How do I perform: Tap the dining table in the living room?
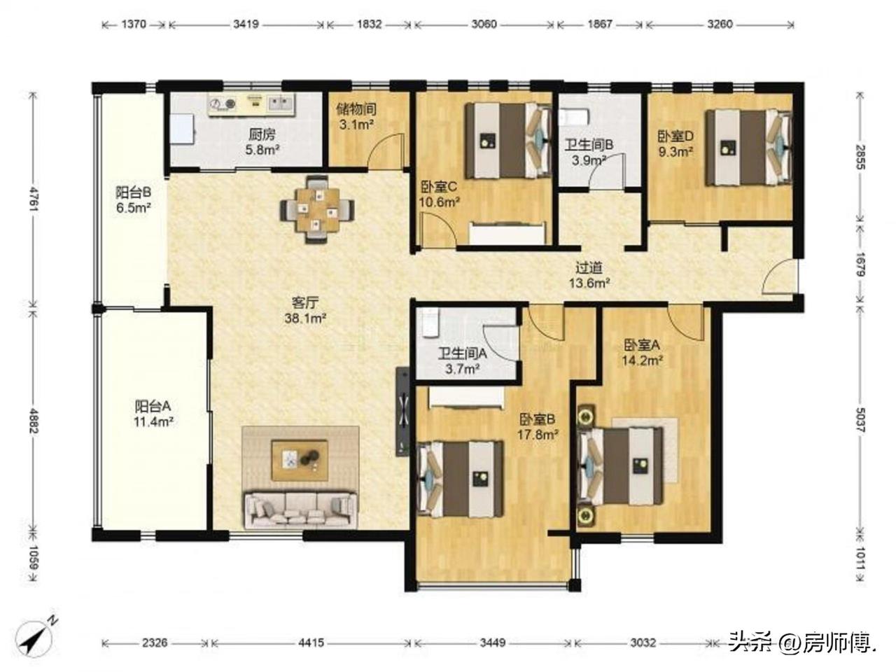click(x=318, y=209)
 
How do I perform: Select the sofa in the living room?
click(x=300, y=510)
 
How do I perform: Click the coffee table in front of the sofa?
click(x=300, y=460)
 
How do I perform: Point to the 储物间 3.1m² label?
click(x=356, y=116)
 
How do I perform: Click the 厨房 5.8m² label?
click(x=262, y=142)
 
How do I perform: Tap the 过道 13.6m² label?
click(x=589, y=275)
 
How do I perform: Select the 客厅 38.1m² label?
click(x=305, y=310)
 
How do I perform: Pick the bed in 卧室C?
click(x=509, y=141)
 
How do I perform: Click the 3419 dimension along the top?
click(x=246, y=24)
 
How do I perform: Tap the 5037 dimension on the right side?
click(x=860, y=420)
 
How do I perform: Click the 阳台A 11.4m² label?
click(x=153, y=413)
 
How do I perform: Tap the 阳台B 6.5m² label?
click(x=134, y=200)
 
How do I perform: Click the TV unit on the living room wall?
click(x=402, y=412)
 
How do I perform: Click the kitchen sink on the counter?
click(x=280, y=104)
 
